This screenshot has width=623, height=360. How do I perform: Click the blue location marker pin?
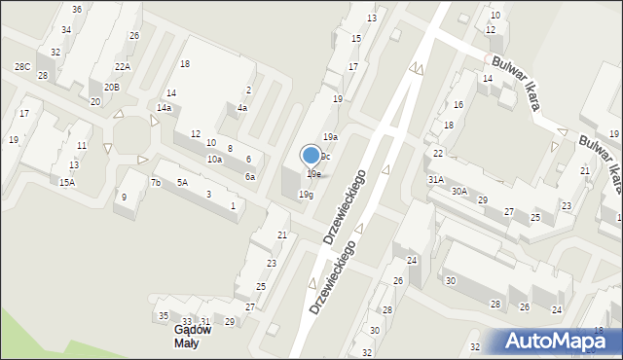coord(311,155)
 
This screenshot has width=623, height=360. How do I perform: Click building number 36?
coord(76,9)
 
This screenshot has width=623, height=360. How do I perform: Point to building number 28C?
coord(21,66)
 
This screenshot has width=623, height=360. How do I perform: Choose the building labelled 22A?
coord(122,66)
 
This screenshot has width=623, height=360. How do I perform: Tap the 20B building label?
coord(112,88)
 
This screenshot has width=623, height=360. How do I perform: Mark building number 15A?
coord(66,182)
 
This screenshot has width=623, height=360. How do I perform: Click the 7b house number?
coord(155,182)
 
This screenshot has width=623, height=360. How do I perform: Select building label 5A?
coord(182,182)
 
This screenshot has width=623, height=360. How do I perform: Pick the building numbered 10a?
coord(214,159)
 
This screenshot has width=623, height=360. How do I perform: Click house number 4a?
coord(241,108)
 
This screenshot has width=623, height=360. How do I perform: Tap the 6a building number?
coord(250,176)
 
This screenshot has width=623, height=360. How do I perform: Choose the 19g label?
coord(306,195)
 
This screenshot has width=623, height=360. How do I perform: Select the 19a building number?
coord(331,137)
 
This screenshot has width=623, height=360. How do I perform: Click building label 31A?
coord(435,179)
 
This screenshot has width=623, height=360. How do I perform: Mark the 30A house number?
coord(458,192)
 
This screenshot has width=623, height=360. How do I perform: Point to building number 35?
coord(164,315)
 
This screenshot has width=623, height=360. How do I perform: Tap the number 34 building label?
coord(65,30)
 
